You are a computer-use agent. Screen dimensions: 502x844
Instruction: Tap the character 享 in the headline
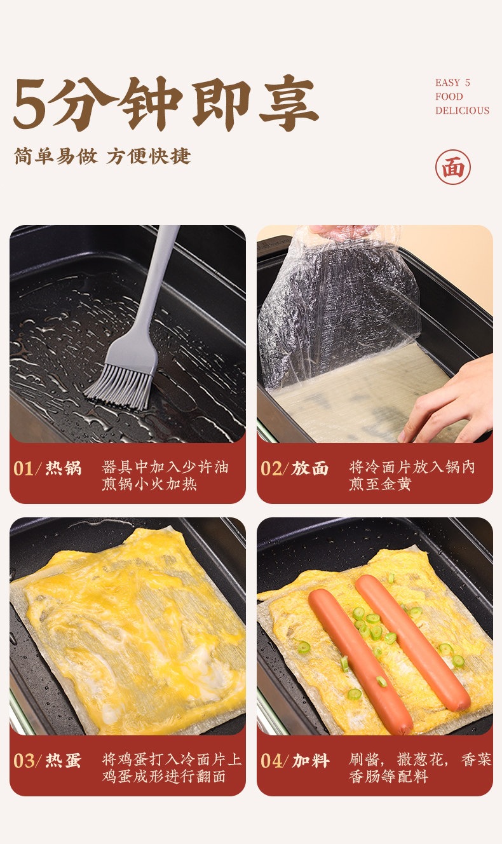(x=289, y=103)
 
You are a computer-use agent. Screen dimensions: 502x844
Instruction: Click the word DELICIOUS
(x=462, y=111)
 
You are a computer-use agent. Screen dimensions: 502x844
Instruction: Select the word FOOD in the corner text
(x=449, y=97)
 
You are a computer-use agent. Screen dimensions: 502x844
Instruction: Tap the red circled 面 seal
(x=452, y=167)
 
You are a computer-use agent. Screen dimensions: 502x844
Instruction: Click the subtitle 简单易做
(x=56, y=156)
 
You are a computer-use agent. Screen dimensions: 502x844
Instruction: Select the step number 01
(x=24, y=468)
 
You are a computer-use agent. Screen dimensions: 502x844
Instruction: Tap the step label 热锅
(x=64, y=468)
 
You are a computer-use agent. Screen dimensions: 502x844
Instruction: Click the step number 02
(x=271, y=468)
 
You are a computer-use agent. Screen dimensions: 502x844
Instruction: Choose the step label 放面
(x=310, y=468)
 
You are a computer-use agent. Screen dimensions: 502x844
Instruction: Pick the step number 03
(x=24, y=761)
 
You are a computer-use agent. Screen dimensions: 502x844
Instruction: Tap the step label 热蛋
(x=64, y=761)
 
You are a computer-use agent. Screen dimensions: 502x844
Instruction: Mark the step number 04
(x=271, y=761)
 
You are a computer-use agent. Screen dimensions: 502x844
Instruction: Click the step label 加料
(x=311, y=761)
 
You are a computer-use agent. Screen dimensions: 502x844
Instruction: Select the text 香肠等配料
(x=388, y=777)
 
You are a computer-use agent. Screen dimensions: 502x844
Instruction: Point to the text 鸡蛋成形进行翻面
(x=164, y=777)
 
